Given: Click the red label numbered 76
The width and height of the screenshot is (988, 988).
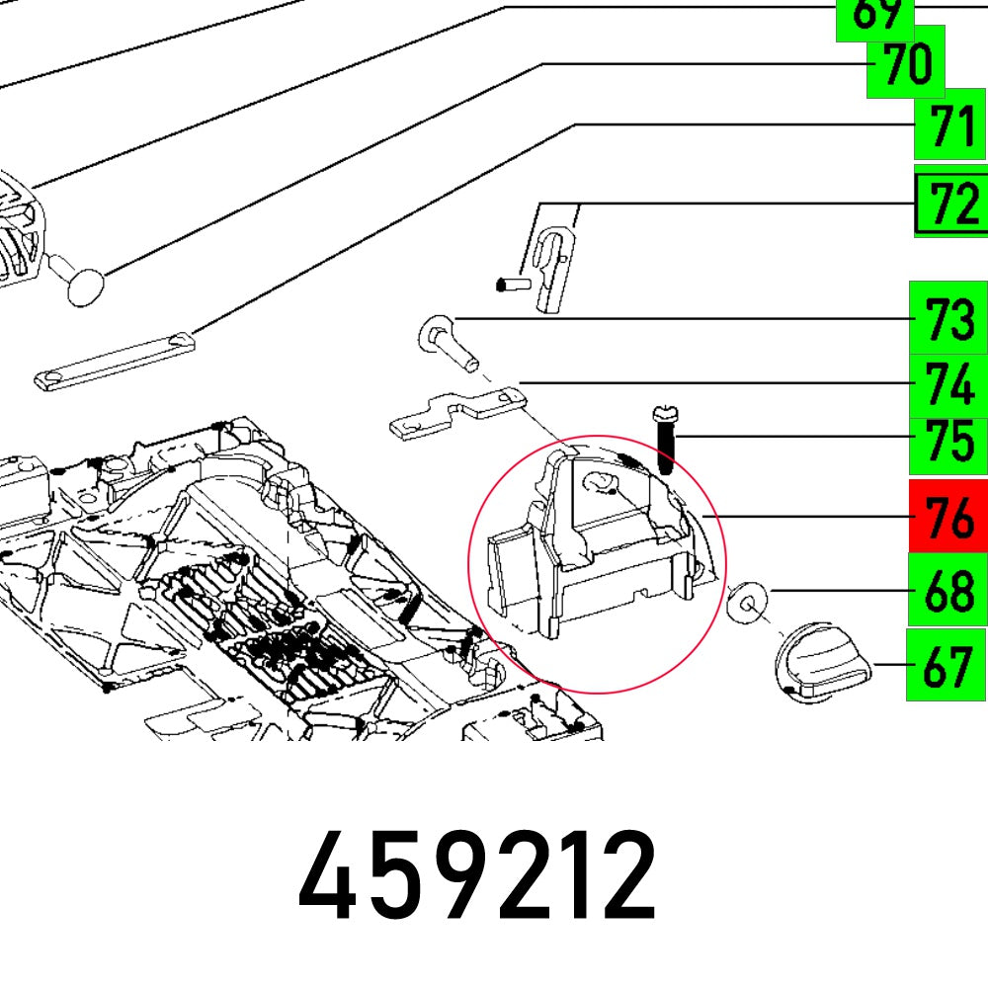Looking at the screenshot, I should [x=947, y=517].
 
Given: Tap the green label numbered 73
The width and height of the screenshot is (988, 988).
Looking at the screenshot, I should [x=947, y=319].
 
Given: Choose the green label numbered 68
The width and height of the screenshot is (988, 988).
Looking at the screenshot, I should [x=947, y=590].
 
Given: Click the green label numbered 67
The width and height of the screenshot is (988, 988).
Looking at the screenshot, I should [x=947, y=665].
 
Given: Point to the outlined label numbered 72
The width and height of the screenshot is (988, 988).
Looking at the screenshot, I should [x=950, y=206].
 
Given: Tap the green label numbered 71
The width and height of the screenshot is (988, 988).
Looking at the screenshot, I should [x=949, y=129].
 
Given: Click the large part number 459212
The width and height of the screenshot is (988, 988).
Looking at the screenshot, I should [x=477, y=875].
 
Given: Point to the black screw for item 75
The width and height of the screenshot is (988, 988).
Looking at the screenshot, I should [x=664, y=441].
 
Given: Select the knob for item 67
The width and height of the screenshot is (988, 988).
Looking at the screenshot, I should [x=818, y=663].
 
